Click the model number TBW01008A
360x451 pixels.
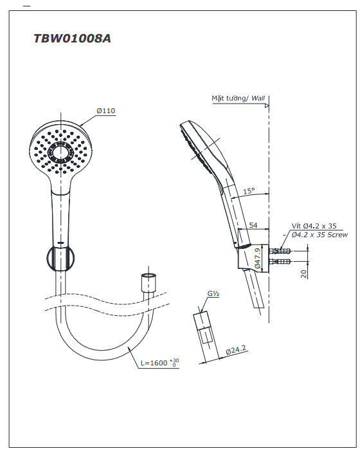[x=72, y=39]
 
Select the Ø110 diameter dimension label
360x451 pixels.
[x=105, y=111]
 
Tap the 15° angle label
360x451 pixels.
[x=249, y=191]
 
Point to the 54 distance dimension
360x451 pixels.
[x=253, y=225]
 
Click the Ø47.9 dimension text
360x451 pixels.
[x=258, y=258]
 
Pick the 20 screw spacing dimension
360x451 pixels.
[x=303, y=273]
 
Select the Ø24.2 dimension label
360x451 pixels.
[x=236, y=350]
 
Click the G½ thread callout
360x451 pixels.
[x=213, y=293]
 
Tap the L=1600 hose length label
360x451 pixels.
[x=159, y=363]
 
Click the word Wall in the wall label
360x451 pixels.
[x=258, y=98]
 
